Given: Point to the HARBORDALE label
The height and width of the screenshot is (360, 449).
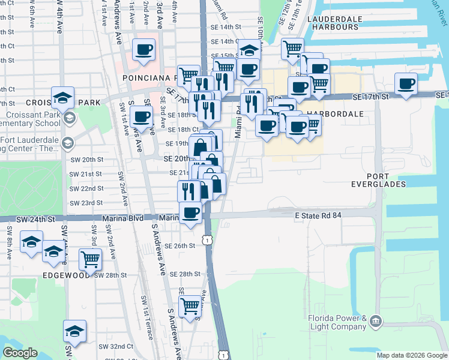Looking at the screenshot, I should [336, 113].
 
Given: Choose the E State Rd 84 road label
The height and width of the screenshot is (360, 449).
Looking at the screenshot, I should [318, 215].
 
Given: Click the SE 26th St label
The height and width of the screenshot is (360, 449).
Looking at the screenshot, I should [180, 246].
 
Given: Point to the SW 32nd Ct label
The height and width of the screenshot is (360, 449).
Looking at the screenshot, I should [116, 347].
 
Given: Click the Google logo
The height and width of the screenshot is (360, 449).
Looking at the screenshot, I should [20, 353].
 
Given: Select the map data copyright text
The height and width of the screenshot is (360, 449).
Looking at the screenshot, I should [412, 355].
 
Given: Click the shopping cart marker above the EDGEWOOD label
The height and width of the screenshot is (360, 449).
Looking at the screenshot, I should [90, 259].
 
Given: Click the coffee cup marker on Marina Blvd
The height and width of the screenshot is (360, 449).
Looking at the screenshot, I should [191, 212].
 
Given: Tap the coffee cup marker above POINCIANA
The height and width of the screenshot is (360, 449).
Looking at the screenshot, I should [143, 50].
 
